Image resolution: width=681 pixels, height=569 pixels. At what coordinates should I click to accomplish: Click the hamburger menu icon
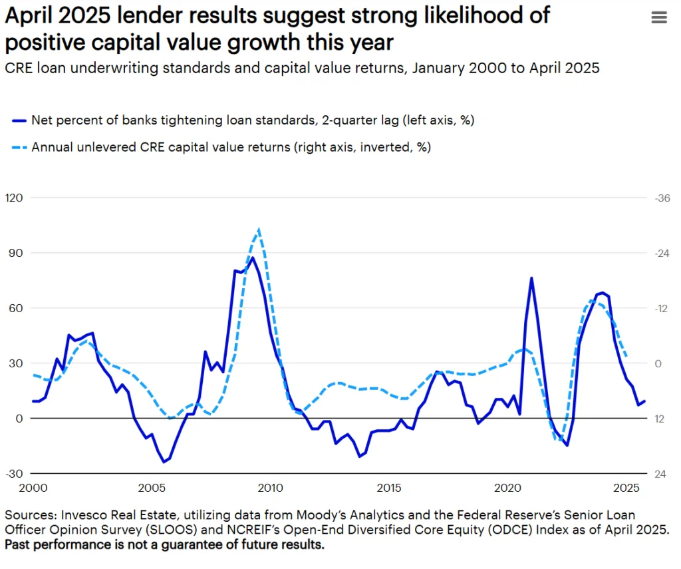coord(658,18)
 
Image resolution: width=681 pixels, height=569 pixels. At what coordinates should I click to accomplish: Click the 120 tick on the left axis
coord(14,198)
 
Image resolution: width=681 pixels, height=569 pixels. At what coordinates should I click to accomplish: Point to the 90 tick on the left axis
coord(14,253)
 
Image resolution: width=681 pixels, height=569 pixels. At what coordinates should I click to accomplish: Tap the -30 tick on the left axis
coord(14,473)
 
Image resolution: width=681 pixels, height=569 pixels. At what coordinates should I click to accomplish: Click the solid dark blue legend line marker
coord(19,120)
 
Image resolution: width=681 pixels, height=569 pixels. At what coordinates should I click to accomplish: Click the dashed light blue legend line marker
coord(19,147)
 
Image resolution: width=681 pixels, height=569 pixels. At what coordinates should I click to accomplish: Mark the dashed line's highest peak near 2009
coord(258,229)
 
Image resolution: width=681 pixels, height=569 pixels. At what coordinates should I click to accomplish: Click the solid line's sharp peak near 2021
coord(531,278)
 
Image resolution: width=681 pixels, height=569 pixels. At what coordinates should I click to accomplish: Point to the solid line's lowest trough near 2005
coord(164,461)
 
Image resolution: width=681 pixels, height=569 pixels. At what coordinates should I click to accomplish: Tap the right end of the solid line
coord(644,401)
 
